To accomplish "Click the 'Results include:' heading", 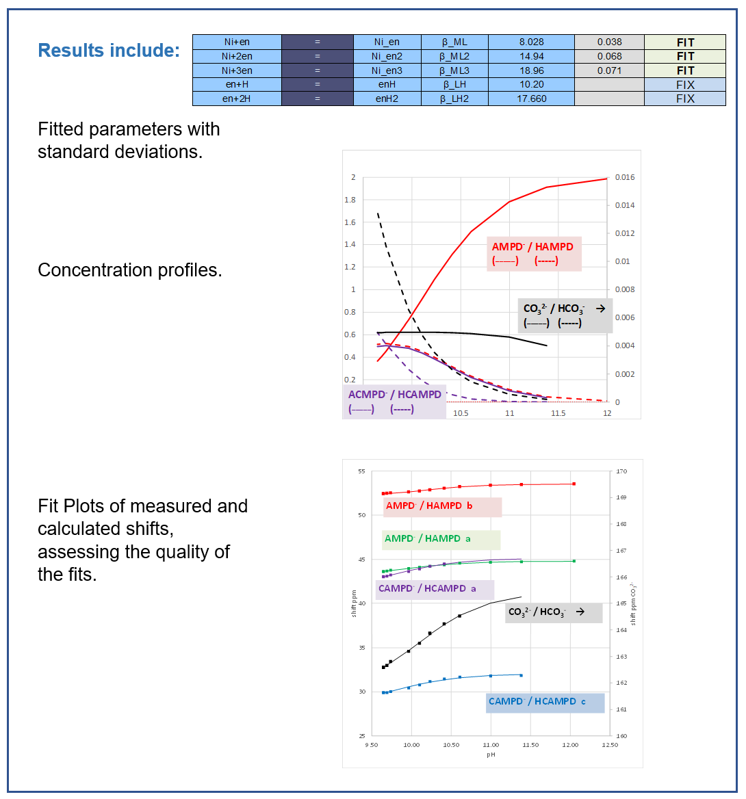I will pos(109,51).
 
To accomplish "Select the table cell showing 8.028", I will pos(531,42).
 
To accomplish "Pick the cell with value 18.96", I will pos(531,70).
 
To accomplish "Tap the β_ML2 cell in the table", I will pos(454,56).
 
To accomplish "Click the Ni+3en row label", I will pos(237,70).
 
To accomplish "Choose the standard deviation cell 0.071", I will pos(609,70).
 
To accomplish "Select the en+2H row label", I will pos(237,99).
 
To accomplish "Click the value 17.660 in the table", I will pos(531,99).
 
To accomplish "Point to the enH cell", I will pos(387,84).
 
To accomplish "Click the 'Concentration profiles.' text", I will pos(130,270).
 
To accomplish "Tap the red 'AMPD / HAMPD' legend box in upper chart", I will pos(534,254).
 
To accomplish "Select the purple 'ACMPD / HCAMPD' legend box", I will pos(395,402).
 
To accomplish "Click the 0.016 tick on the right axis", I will pos(624,177).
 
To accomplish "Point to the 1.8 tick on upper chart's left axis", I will pos(350,200).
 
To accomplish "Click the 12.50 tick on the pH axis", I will pos(609,745).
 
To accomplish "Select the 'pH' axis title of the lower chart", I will pos(491,755).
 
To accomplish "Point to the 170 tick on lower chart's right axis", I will pos(621,471).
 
